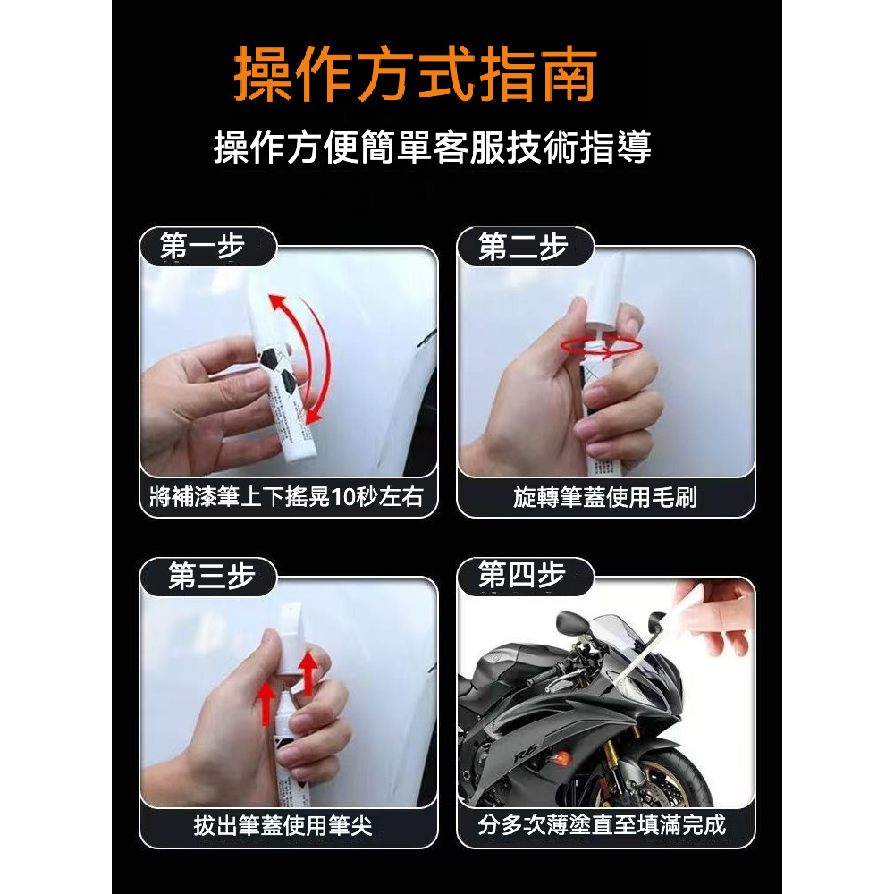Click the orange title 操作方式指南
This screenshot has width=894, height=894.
(415, 74)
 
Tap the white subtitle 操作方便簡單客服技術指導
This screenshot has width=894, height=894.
(433, 148)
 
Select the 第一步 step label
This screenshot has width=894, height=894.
(202, 246)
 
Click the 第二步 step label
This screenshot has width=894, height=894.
(523, 247)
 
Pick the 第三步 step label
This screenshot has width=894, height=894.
(211, 576)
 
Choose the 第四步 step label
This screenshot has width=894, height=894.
(522, 574)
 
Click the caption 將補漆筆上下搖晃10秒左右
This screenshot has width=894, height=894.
(286, 497)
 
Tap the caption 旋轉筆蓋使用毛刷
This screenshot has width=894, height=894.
(605, 497)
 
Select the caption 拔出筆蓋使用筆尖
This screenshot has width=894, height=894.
(283, 825)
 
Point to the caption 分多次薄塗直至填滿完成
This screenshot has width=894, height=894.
(602, 825)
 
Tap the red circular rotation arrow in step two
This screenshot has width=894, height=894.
(601, 346)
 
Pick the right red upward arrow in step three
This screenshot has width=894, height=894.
(308, 673)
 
